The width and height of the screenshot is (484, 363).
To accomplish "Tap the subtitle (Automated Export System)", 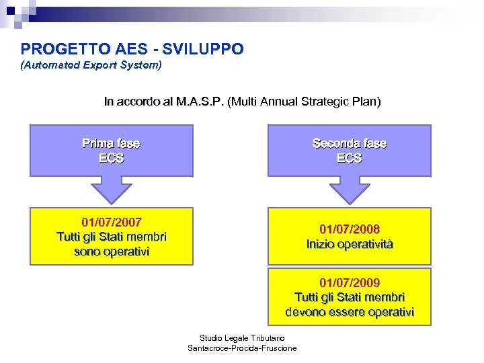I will click(x=91, y=66).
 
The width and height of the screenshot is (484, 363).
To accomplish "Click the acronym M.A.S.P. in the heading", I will click(x=200, y=102).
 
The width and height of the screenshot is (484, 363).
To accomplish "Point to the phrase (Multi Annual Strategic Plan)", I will click(x=304, y=102).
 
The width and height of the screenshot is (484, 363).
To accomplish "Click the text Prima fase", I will click(x=111, y=143).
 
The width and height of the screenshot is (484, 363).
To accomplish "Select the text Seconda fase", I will click(x=350, y=143).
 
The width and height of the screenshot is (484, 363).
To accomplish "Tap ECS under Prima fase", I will click(x=111, y=158).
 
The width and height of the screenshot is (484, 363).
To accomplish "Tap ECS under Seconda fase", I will click(x=350, y=158).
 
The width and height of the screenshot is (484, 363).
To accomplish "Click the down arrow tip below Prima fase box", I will click(x=112, y=200).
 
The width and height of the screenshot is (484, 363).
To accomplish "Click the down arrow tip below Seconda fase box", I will click(x=350, y=200).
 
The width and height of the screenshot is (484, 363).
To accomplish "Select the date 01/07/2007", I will click(x=112, y=222).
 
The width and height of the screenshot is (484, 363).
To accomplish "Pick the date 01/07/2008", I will click(x=350, y=229).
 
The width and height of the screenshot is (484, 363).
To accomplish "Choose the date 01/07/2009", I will click(x=350, y=282).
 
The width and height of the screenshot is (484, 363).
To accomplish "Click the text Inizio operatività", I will click(x=350, y=244).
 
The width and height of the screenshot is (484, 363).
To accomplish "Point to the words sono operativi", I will click(x=112, y=251).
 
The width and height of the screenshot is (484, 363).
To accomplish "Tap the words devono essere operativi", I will click(x=350, y=312).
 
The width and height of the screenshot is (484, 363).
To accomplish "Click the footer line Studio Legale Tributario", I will click(x=243, y=337).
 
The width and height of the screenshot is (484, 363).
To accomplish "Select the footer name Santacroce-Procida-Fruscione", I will click(x=243, y=348).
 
